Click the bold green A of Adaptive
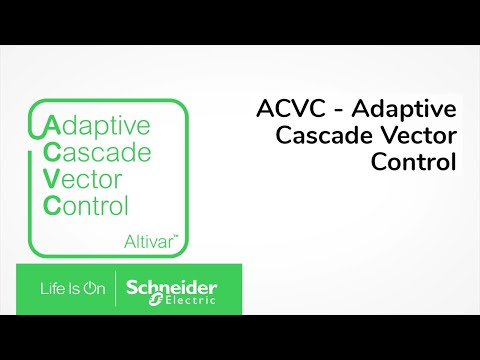pyautogui.click(x=51, y=127)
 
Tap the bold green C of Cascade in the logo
pyautogui.click(x=51, y=153)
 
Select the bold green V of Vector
pyautogui.click(x=51, y=180)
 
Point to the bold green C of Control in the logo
pyautogui.click(x=51, y=207)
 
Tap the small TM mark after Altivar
pyautogui.click(x=178, y=237)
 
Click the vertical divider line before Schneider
pyautogui.click(x=116, y=288)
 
